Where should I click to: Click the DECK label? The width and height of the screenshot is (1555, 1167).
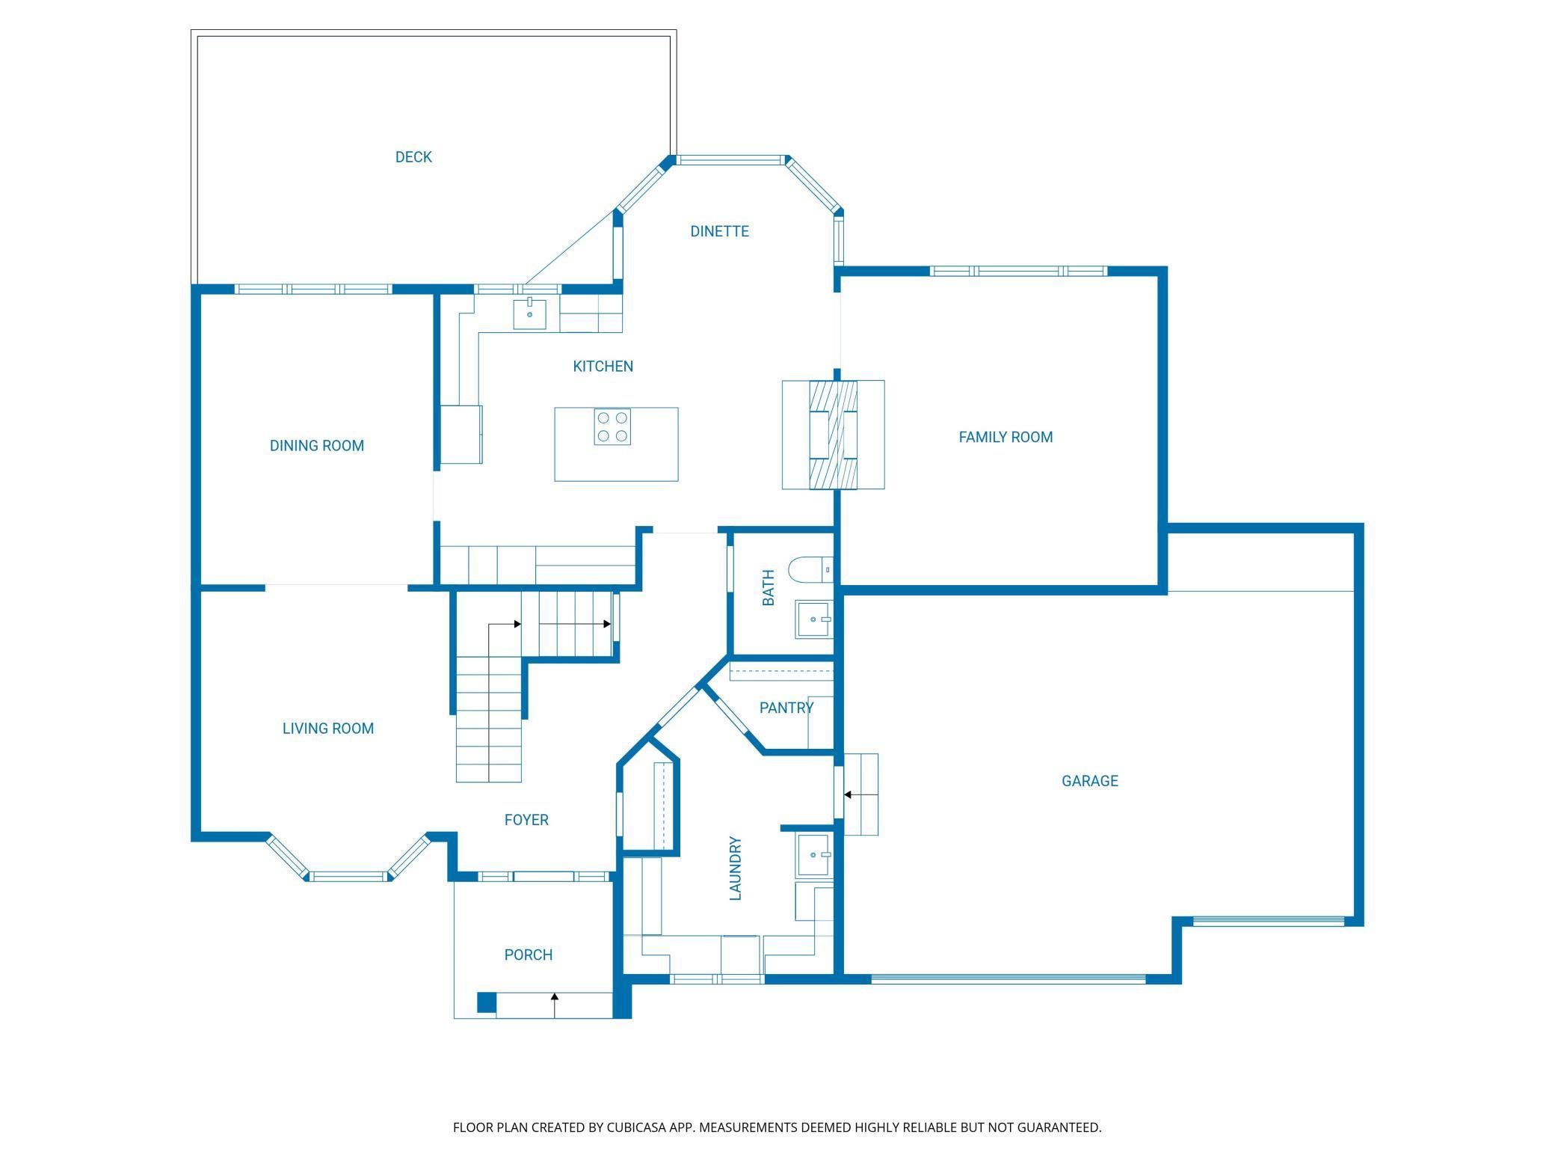click(x=413, y=157)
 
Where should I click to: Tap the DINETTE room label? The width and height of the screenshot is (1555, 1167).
click(x=719, y=232)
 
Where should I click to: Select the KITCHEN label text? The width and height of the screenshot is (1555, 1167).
click(x=603, y=367)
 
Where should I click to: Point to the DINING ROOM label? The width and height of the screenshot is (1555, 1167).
click(x=317, y=446)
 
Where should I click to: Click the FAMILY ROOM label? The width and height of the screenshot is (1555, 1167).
click(x=1006, y=437)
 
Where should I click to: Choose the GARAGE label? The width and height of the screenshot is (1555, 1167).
click(x=1090, y=781)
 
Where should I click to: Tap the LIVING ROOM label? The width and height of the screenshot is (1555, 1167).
click(x=328, y=729)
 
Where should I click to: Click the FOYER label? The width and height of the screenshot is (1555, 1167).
click(x=526, y=820)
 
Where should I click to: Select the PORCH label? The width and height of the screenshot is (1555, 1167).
click(x=529, y=955)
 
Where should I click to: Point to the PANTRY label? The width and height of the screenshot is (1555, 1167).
click(x=786, y=708)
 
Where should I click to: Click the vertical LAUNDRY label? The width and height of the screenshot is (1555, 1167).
click(x=736, y=869)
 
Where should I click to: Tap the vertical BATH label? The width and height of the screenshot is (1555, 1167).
click(x=769, y=588)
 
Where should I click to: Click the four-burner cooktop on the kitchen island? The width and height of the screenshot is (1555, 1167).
click(x=612, y=426)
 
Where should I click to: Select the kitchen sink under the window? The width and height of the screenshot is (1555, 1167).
click(x=529, y=313)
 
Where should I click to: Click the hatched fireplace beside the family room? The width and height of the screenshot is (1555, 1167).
click(x=834, y=435)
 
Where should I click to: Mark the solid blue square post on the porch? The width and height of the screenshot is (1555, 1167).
click(x=487, y=1002)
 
